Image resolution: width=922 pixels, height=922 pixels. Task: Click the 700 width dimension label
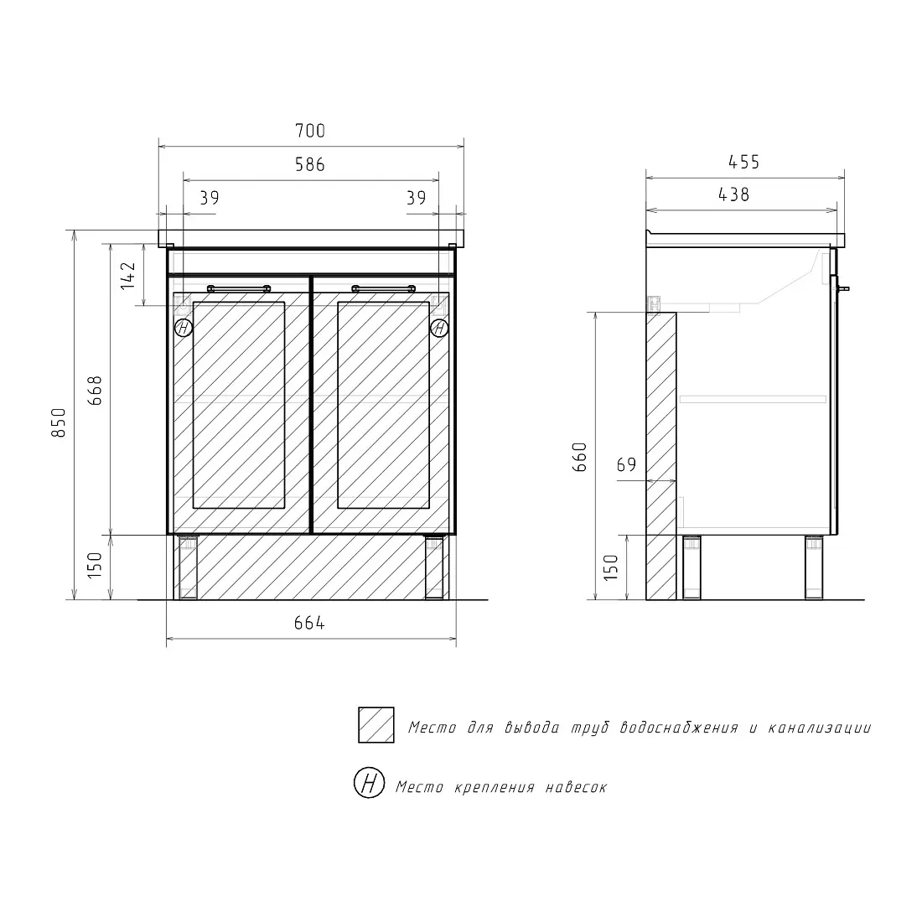point(310,130)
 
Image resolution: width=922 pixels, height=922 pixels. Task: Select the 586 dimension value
point(310,164)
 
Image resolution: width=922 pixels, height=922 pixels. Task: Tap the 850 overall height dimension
point(60,422)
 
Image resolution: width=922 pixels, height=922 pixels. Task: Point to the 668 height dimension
point(95,391)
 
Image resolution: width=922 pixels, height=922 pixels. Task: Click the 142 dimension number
point(128,276)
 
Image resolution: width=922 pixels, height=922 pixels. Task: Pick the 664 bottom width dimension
point(309,623)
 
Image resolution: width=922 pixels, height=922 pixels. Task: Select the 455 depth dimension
point(743,162)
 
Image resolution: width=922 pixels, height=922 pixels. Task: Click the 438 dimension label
point(734,194)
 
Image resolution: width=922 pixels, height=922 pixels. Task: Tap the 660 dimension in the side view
point(580,458)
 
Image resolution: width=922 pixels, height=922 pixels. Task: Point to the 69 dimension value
point(626,464)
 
